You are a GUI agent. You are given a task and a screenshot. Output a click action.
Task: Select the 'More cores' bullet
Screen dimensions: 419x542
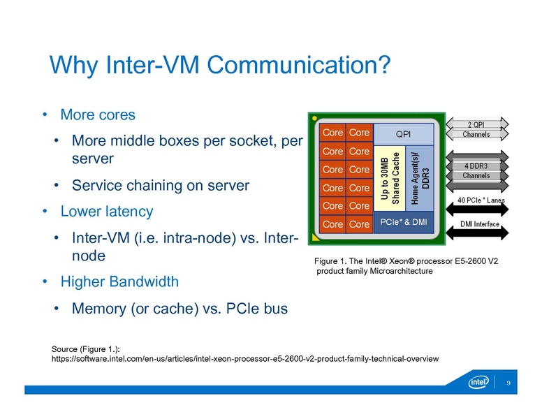point(98,114)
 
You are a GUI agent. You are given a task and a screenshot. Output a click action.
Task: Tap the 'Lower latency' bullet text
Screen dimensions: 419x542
point(106,211)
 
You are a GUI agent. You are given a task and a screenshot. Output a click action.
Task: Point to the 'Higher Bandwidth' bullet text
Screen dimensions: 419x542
point(119,281)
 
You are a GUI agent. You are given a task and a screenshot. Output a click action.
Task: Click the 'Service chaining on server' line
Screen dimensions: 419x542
point(161,186)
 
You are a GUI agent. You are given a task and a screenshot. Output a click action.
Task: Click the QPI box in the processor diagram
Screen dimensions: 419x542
point(404,133)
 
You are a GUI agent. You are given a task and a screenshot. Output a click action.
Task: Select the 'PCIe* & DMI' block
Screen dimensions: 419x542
point(404,222)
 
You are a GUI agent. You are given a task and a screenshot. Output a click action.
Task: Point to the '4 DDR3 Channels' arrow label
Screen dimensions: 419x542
point(476,170)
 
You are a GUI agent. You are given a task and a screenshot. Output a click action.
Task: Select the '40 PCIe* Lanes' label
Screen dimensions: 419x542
point(481,200)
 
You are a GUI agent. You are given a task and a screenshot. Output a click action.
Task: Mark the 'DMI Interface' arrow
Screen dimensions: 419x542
point(479,224)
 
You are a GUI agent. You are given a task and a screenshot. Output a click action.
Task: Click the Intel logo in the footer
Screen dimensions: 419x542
point(479,383)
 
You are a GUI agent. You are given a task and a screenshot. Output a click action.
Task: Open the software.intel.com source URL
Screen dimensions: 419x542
point(245,359)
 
